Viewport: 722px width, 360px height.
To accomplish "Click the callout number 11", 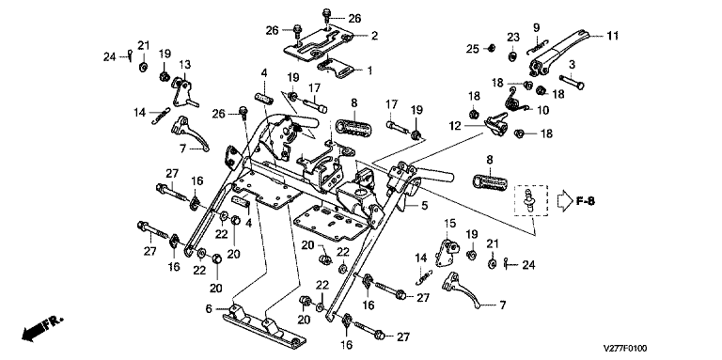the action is click(x=612, y=36).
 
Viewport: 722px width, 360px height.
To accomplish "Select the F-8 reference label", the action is click(x=585, y=201).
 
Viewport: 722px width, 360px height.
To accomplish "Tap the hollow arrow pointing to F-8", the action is click(x=564, y=202).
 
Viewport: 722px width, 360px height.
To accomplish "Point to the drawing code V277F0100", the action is click(x=625, y=349).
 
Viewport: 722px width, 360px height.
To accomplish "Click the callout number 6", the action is click(x=209, y=308).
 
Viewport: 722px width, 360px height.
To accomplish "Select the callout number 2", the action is click(x=374, y=36).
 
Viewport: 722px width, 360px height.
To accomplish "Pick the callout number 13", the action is click(x=184, y=65).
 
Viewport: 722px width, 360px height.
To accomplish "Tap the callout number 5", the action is click(x=424, y=206).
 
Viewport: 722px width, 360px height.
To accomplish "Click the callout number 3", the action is click(x=572, y=63).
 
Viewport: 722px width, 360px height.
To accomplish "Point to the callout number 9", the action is click(x=536, y=27).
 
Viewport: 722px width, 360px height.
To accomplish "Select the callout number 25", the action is click(x=472, y=48).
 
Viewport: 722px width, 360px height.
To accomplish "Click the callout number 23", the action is click(x=513, y=37).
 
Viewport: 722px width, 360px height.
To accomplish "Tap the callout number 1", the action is click(x=369, y=70).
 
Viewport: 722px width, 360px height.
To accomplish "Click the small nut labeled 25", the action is click(x=491, y=48).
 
